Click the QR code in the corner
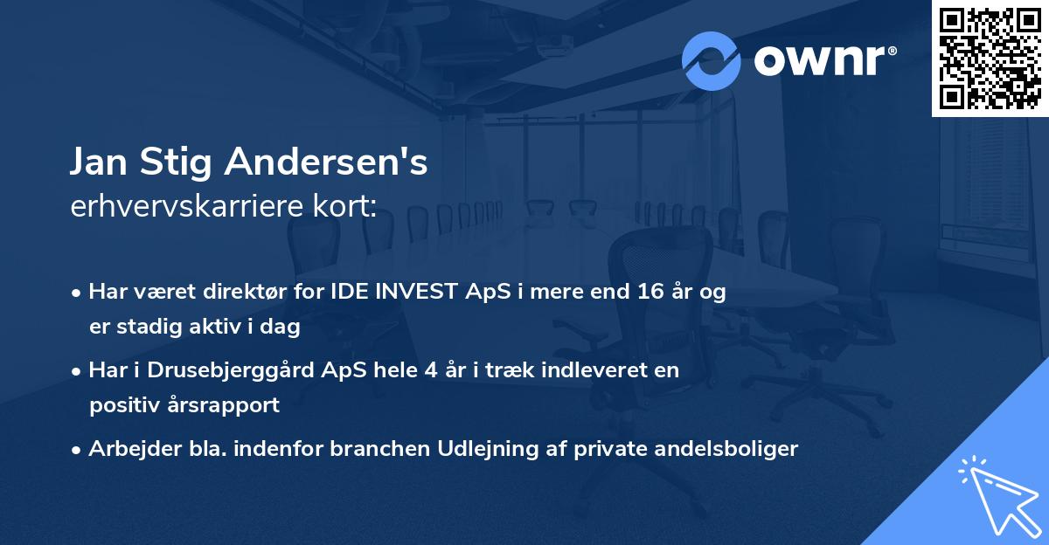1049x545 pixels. [x=990, y=59]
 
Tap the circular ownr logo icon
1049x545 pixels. [x=712, y=61]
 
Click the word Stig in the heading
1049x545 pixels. [x=179, y=162]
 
